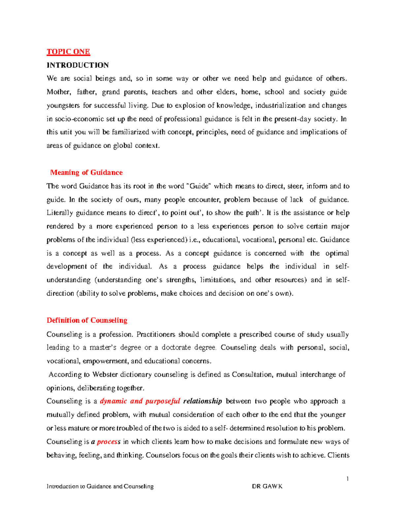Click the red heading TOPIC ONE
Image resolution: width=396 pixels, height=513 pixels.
pyautogui.click(x=68, y=52)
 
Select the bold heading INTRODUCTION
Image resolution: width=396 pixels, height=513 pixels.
pyautogui.click(x=78, y=65)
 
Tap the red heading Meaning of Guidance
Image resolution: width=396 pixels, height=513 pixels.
pyautogui.click(x=86, y=172)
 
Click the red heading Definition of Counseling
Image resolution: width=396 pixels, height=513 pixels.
pyautogui.click(x=87, y=320)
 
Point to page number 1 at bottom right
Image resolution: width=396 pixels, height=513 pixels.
pyautogui.click(x=347, y=479)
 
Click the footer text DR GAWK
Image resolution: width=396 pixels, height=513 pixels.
pyautogui.click(x=267, y=486)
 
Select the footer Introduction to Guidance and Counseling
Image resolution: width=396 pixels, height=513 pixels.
pyautogui.click(x=100, y=486)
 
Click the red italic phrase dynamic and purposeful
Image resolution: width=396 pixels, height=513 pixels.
pyautogui.click(x=140, y=401)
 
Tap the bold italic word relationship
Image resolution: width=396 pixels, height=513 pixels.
pyautogui.click(x=202, y=401)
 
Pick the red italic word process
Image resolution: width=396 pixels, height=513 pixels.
pyautogui.click(x=109, y=442)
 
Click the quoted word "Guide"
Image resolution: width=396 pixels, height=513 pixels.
pyautogui.click(x=199, y=186)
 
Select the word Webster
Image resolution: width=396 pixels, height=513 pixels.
pyautogui.click(x=105, y=374)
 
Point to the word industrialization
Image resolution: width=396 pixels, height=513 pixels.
pyautogui.click(x=280, y=105)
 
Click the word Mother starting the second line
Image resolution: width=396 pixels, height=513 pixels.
pyautogui.click(x=58, y=92)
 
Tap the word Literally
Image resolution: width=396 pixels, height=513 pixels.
pyautogui.click(x=60, y=213)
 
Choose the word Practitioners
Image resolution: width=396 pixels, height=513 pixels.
pyautogui.click(x=156, y=334)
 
